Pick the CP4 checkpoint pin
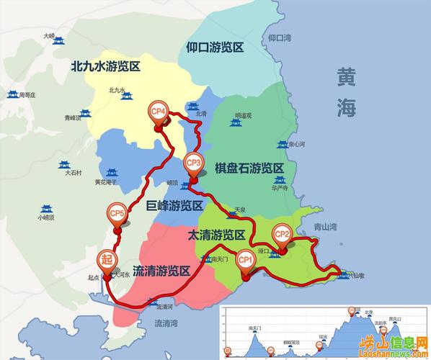click(x=159, y=112)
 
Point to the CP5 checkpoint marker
click(x=117, y=214)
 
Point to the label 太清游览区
click(x=217, y=235)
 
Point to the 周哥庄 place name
click(x=32, y=94)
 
